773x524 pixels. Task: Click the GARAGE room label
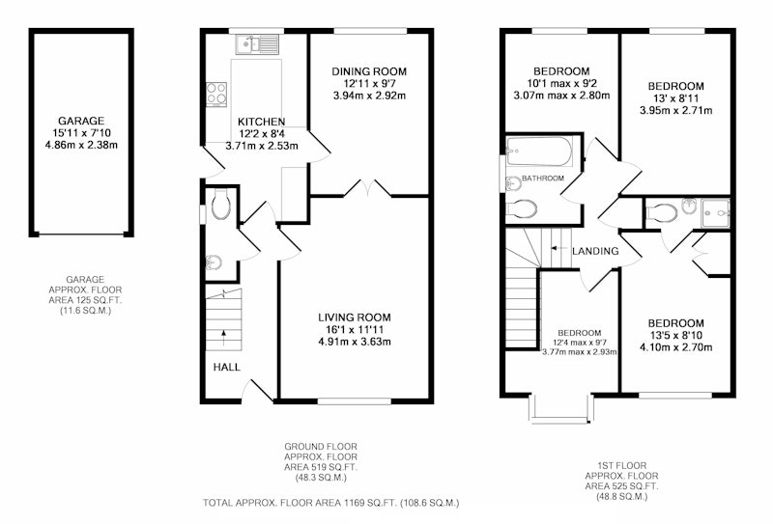coord(81,121)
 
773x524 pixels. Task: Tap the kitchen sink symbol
coord(257,43)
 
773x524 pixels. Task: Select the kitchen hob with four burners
coord(216,94)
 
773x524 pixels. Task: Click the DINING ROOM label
coord(369,71)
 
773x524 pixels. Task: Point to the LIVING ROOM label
coord(355,317)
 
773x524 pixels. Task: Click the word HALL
coord(227,367)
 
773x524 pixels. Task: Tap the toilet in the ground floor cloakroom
coord(221,205)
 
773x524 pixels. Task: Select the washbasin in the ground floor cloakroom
coord(214,262)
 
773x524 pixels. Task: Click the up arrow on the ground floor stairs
coord(224,339)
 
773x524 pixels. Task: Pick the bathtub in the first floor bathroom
coord(539,152)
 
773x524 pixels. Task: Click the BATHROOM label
coord(543,179)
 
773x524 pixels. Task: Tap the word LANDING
coord(595,251)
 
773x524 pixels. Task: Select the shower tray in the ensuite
coord(715,213)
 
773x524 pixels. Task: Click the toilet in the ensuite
coord(661,213)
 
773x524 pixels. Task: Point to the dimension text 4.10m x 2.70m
coord(675,347)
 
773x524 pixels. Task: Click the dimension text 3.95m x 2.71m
coord(675,110)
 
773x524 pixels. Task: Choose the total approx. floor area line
coord(330,503)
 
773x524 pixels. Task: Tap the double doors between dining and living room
coord(367,189)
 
